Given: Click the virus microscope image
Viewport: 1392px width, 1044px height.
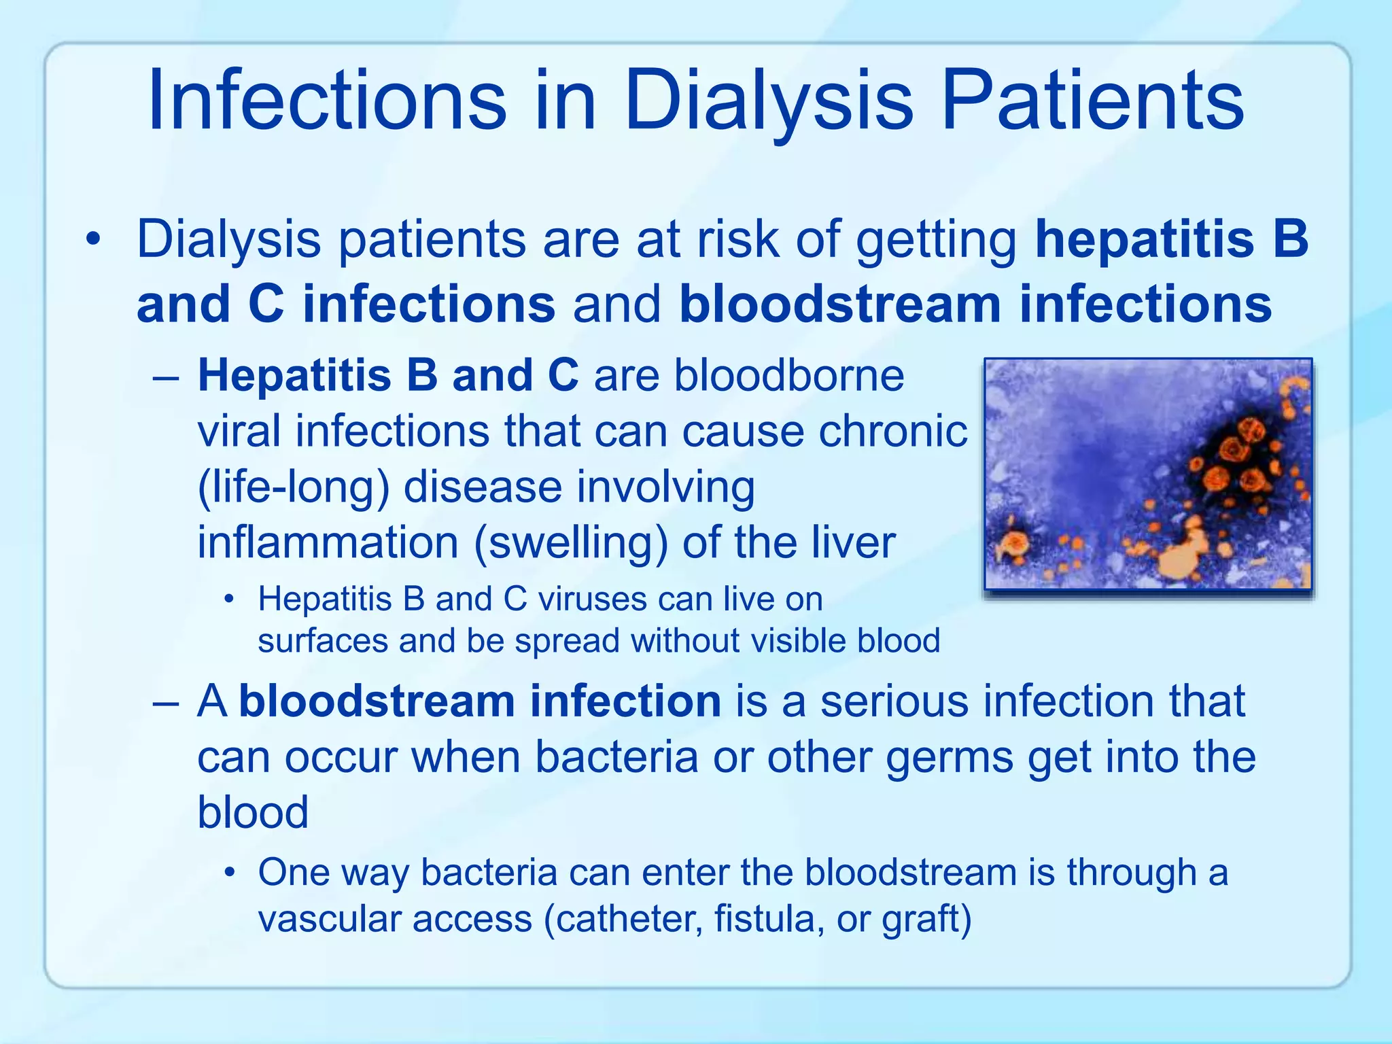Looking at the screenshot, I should [1148, 474].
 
